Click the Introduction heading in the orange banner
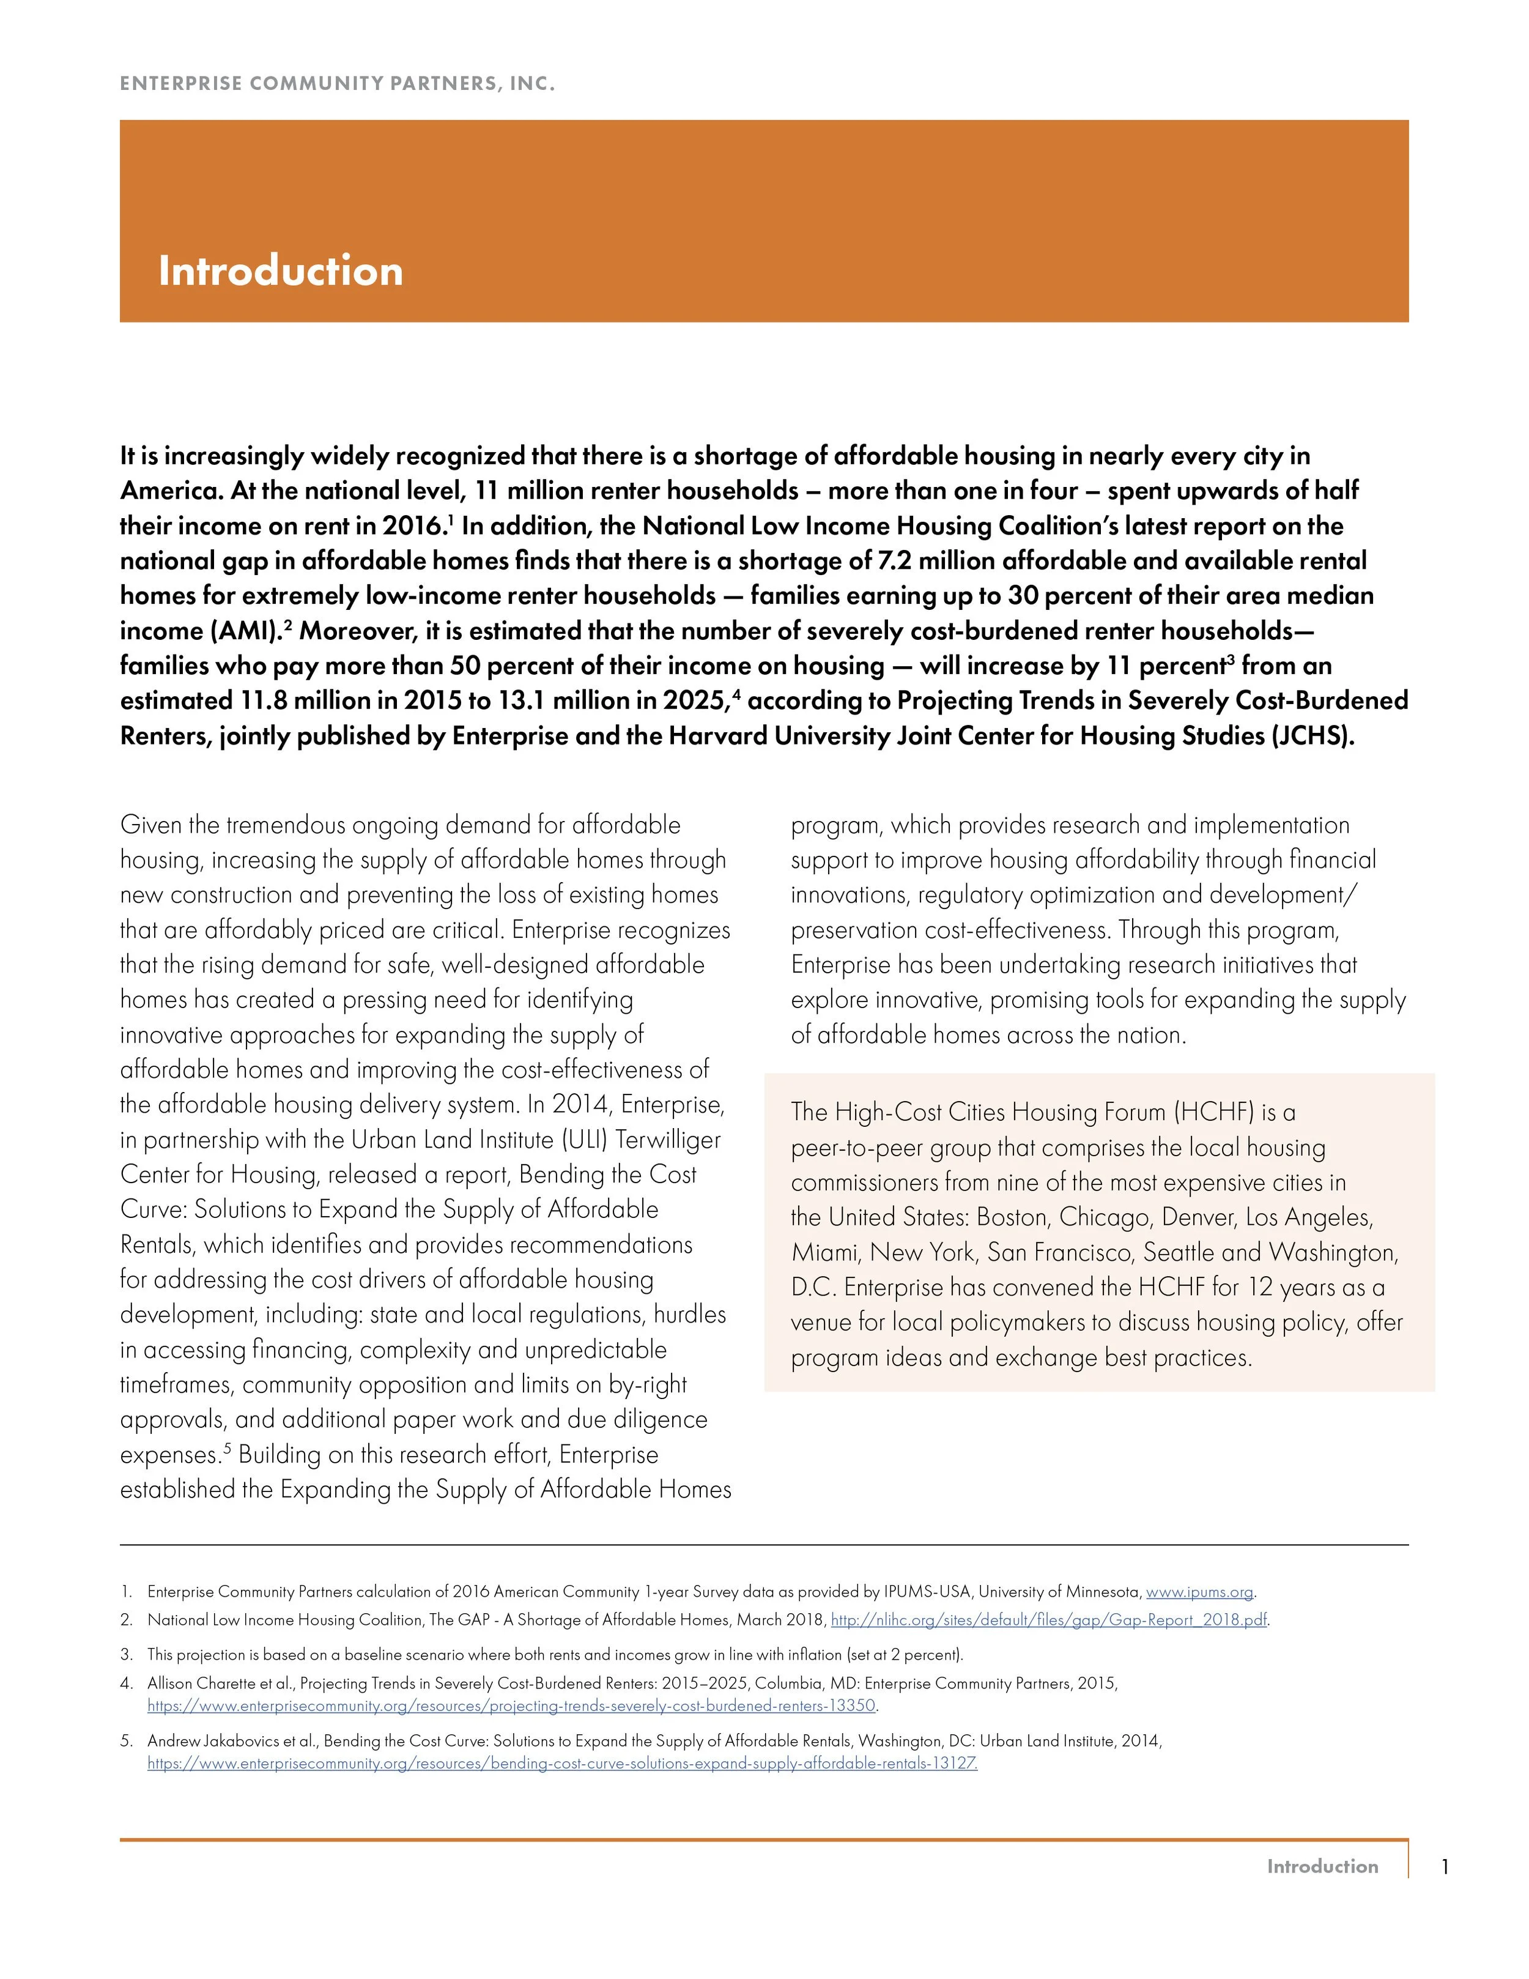(280, 271)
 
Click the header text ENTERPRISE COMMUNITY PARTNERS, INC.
(337, 84)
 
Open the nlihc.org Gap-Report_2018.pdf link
(1049, 1620)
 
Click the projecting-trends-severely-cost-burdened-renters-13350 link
(512, 1706)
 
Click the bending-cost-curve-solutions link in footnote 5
(561, 1763)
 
